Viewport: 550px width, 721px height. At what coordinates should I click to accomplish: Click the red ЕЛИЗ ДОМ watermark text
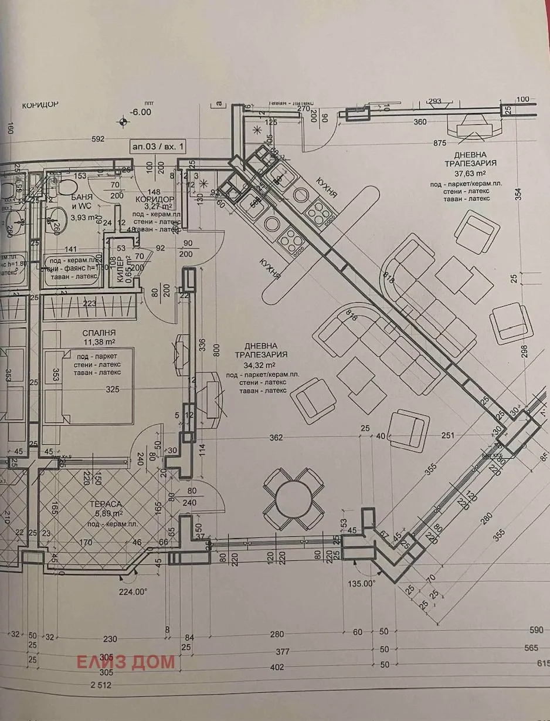pyautogui.click(x=126, y=662)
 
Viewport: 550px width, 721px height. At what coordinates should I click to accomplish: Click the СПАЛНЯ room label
pyautogui.click(x=99, y=332)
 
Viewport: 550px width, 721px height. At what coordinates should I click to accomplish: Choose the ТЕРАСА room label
pyautogui.click(x=106, y=504)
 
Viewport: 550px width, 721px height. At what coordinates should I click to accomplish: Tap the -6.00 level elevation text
pyautogui.click(x=141, y=112)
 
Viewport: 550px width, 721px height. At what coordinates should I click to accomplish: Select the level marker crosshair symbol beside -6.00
pyautogui.click(x=123, y=121)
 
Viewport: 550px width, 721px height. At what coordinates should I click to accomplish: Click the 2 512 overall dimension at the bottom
pyautogui.click(x=100, y=685)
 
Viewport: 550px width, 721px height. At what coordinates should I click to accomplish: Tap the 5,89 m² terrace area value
pyautogui.click(x=106, y=513)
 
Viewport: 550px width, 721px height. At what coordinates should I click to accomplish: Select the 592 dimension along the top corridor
pyautogui.click(x=97, y=139)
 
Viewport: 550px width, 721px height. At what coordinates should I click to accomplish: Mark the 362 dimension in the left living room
pyautogui.click(x=276, y=437)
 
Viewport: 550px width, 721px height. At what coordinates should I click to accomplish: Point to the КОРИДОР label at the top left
pyautogui.click(x=40, y=105)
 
